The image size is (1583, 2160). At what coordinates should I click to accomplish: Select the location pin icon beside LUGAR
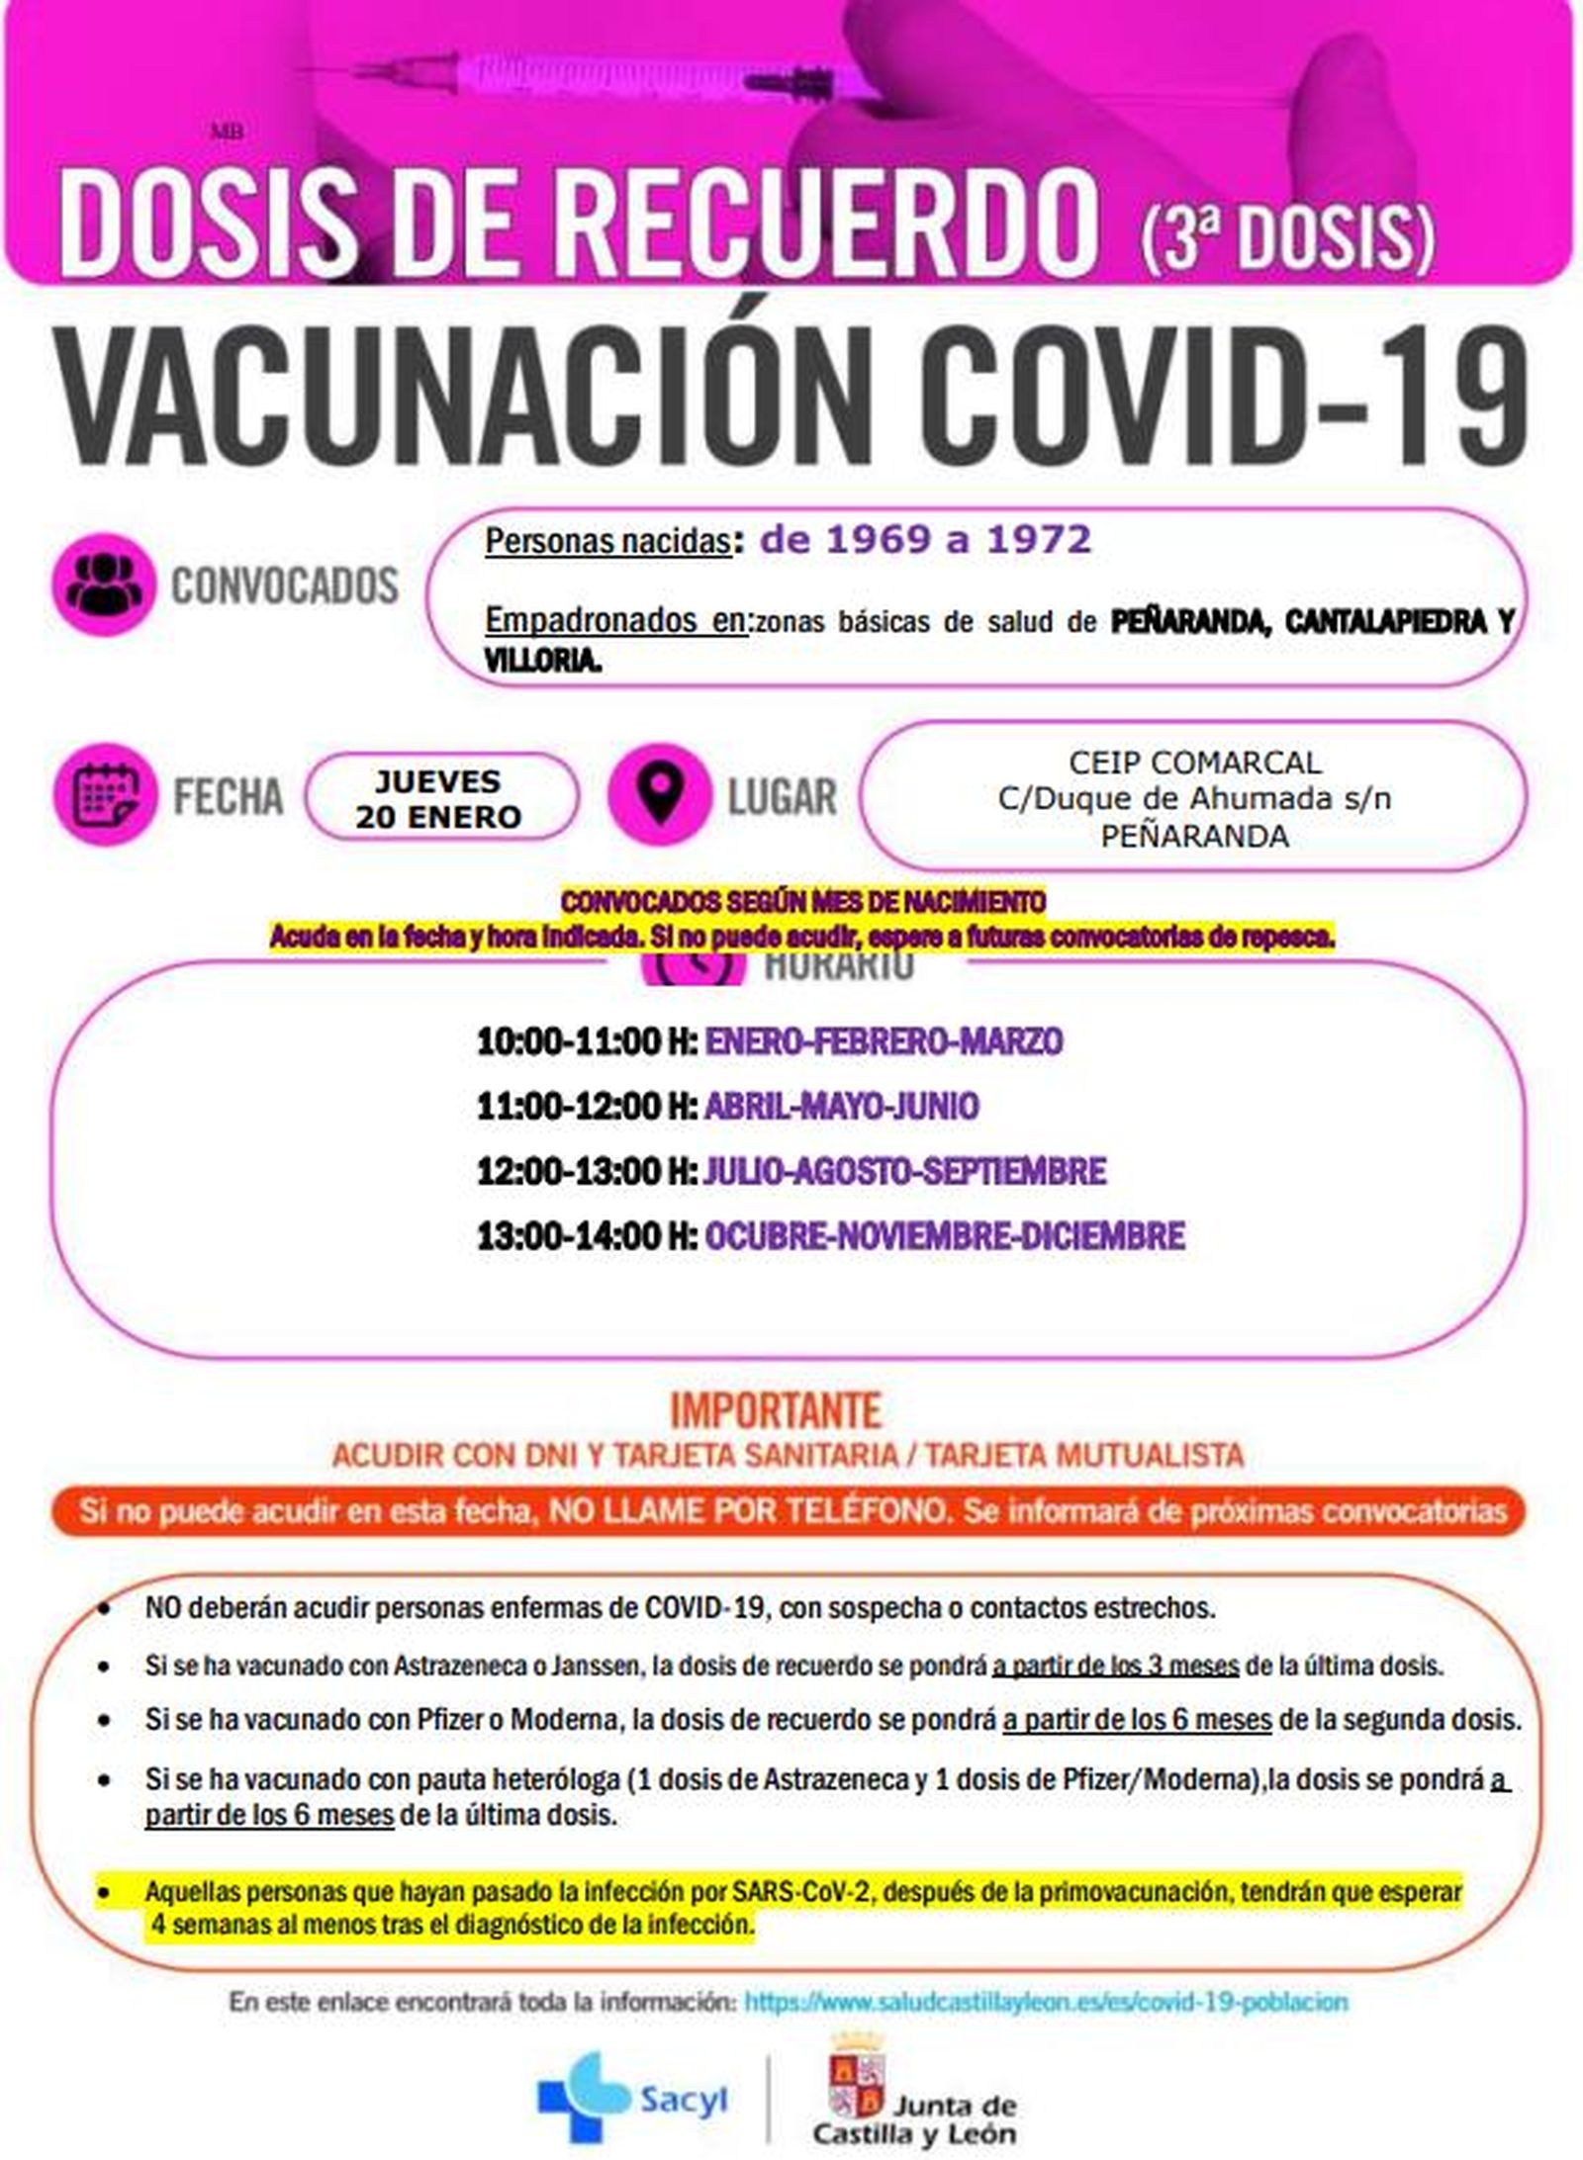tap(659, 794)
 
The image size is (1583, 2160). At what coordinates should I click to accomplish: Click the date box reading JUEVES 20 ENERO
tap(439, 798)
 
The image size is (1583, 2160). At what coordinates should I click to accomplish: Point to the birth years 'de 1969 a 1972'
tap(925, 539)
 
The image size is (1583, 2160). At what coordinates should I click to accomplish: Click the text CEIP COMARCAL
tap(1194, 763)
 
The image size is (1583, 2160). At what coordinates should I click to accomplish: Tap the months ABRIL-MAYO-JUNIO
tap(841, 1106)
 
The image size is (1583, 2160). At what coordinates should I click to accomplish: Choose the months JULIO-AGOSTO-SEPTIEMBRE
tap(904, 1171)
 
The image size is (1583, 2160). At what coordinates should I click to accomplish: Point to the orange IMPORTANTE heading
tap(776, 1411)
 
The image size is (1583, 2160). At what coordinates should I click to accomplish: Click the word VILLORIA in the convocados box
tap(542, 662)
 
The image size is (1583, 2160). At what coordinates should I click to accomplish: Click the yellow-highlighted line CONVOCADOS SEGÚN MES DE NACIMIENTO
tap(802, 902)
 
